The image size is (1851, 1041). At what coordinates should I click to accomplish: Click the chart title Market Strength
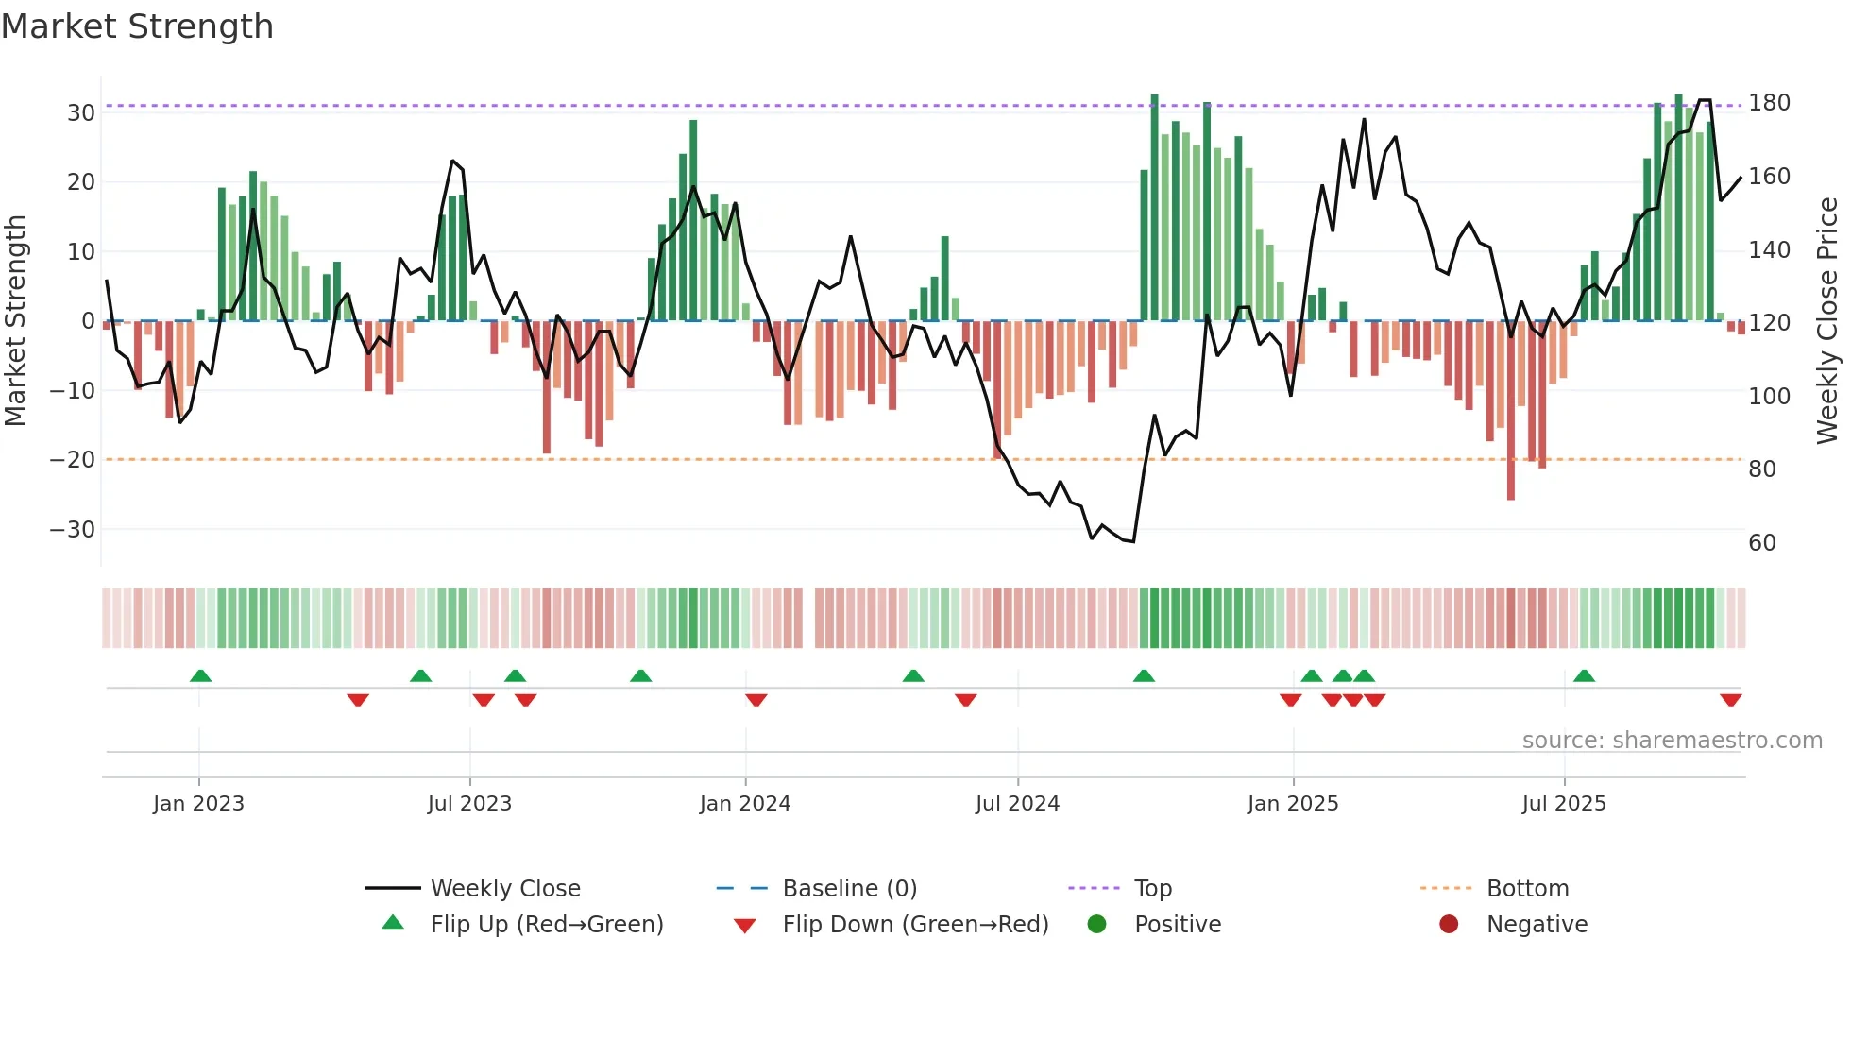click(x=137, y=26)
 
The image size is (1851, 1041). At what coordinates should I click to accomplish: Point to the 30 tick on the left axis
click(x=81, y=113)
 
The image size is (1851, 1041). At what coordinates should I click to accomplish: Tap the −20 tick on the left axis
click(x=73, y=460)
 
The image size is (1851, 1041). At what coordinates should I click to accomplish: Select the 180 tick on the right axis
click(x=1769, y=103)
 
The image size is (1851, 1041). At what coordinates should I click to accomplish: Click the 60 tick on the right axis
click(x=1762, y=543)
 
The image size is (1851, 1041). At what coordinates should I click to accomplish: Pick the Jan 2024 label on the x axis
click(x=744, y=804)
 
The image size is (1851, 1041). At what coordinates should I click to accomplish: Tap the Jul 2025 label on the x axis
click(x=1563, y=804)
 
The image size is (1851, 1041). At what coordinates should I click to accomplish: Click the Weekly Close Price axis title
click(x=1827, y=321)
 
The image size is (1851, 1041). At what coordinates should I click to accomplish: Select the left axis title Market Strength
click(x=15, y=321)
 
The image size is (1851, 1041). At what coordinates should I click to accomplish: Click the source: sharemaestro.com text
click(x=1672, y=741)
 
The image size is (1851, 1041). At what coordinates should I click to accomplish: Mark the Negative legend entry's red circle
click(x=1448, y=924)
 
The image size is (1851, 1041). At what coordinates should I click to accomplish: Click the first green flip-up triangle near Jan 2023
click(x=200, y=675)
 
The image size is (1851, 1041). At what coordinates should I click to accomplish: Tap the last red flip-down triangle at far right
click(x=1730, y=700)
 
